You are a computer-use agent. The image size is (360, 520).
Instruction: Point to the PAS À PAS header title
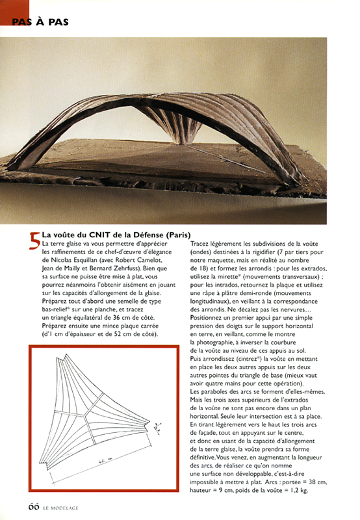tap(40, 21)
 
